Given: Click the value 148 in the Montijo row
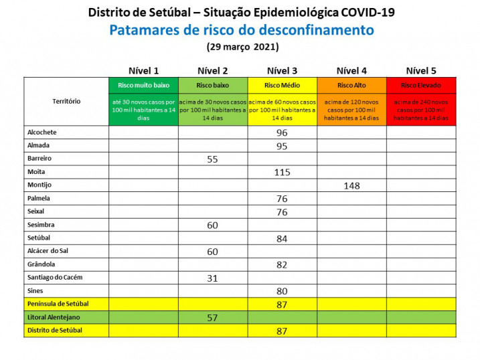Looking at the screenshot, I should (x=351, y=185).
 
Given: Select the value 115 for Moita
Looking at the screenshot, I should (x=282, y=172).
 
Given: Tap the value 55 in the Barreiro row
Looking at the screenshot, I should (x=213, y=159).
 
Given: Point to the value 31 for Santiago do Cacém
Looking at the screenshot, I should (x=213, y=278).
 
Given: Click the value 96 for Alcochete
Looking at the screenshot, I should (x=282, y=133).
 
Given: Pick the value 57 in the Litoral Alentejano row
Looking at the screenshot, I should (x=213, y=317).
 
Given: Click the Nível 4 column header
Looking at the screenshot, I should (x=351, y=71).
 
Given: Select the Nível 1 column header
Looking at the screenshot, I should (x=143, y=71).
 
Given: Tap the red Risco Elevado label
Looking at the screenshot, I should (x=421, y=86).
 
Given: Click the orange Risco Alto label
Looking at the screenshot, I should (x=351, y=86).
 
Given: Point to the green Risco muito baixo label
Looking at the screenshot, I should (x=143, y=86).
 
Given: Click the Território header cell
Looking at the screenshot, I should (x=66, y=101).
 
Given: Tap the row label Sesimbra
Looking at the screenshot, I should (x=42, y=224).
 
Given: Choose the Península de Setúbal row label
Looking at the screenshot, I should (x=58, y=304).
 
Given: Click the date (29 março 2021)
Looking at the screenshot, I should (x=242, y=47).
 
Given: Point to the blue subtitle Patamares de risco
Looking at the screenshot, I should (x=242, y=30).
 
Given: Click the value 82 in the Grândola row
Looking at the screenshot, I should (x=282, y=265).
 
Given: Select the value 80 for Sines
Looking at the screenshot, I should (x=282, y=291).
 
